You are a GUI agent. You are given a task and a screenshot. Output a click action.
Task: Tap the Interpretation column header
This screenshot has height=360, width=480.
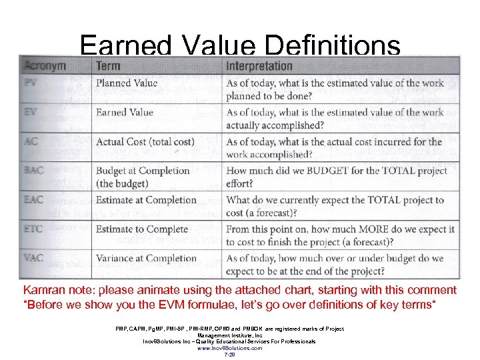pyautogui.click(x=259, y=66)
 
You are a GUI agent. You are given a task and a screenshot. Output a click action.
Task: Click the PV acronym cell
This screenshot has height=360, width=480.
pyautogui.click(x=31, y=83)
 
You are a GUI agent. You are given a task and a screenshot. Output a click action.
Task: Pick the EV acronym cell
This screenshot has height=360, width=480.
pyautogui.click(x=31, y=113)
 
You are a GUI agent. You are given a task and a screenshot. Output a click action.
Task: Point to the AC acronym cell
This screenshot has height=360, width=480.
pyautogui.click(x=31, y=142)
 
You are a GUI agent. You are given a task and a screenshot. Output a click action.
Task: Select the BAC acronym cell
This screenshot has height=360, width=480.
pyautogui.click(x=33, y=171)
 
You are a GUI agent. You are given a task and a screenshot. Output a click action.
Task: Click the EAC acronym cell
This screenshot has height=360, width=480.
pyautogui.click(x=33, y=200)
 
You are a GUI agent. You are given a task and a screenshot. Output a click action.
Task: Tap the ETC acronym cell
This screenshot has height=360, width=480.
pyautogui.click(x=33, y=229)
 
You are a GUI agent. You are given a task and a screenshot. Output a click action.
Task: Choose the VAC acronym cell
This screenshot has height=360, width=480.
pyautogui.click(x=33, y=259)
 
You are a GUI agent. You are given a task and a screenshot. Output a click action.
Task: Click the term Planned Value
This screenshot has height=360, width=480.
pyautogui.click(x=127, y=83)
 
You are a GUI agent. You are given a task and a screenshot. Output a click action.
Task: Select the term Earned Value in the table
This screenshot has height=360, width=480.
pyautogui.click(x=125, y=113)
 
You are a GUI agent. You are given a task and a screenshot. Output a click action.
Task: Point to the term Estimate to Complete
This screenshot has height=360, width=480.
pyautogui.click(x=142, y=229)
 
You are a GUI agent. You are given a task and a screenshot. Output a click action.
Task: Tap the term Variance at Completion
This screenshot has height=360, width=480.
pyautogui.click(x=146, y=259)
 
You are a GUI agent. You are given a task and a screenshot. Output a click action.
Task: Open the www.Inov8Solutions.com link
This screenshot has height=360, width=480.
pyautogui.click(x=230, y=348)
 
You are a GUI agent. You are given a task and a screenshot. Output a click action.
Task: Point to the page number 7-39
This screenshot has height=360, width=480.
pyautogui.click(x=230, y=355)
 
